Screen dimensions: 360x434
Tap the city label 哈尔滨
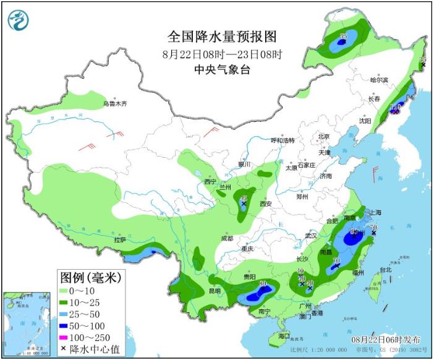point(378,80)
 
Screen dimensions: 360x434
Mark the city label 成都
point(226,238)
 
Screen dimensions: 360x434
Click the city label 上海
point(375,212)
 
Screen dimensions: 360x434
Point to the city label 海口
point(283,336)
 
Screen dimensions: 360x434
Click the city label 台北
point(385,270)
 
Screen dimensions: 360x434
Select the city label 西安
point(266,203)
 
